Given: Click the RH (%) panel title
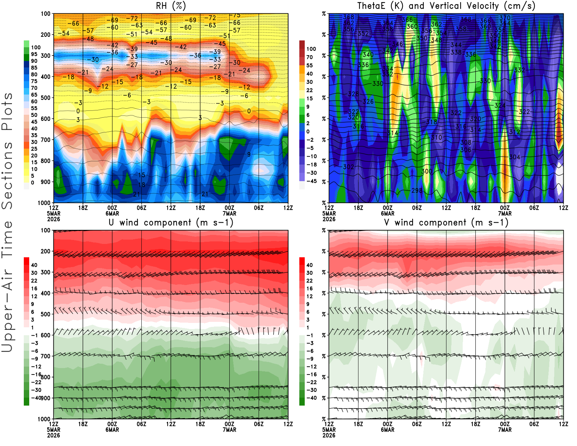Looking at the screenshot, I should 171,6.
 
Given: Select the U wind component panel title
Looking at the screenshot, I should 171,223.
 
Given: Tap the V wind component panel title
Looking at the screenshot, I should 446,223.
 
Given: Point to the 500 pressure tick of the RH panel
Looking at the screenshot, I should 45,98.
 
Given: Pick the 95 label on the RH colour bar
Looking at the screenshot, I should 34,54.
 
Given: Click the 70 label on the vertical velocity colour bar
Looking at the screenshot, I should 309,57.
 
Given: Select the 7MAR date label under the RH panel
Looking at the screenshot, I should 229,213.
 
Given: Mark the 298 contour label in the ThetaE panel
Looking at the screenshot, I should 417,190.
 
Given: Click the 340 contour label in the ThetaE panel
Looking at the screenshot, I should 368,55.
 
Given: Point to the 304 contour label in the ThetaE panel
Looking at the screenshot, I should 515,157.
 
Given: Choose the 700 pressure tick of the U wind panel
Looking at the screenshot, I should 45,356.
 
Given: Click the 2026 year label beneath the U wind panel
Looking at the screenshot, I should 53,435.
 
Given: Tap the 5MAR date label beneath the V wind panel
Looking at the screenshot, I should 329,430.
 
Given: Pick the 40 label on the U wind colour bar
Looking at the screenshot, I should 34,265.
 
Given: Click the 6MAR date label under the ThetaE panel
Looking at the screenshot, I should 388,213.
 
